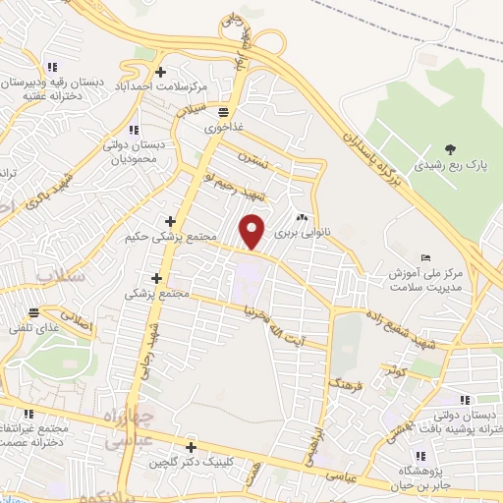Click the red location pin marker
click(x=253, y=231)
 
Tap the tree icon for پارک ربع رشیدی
click(x=450, y=148)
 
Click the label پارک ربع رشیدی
click(x=449, y=166)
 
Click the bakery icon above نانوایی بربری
click(x=302, y=219)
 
